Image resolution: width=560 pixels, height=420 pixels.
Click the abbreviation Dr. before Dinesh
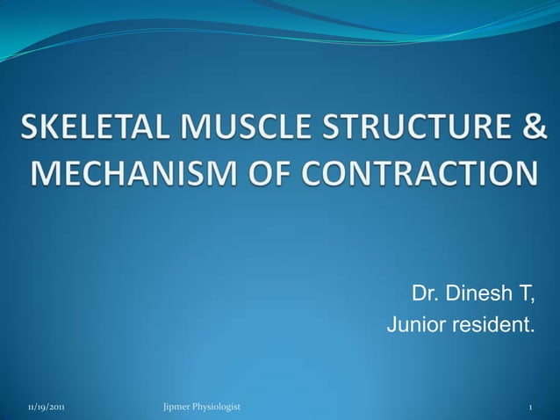click(427, 293)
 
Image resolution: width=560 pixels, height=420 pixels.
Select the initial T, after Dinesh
click(525, 293)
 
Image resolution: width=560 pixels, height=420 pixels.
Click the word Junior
click(417, 327)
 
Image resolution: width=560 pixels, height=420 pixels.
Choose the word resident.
click(492, 327)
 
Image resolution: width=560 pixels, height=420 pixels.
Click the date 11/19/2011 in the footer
click(45, 407)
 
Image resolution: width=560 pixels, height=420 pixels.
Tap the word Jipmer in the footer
click(179, 407)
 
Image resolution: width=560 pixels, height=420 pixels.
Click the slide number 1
click(530, 407)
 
